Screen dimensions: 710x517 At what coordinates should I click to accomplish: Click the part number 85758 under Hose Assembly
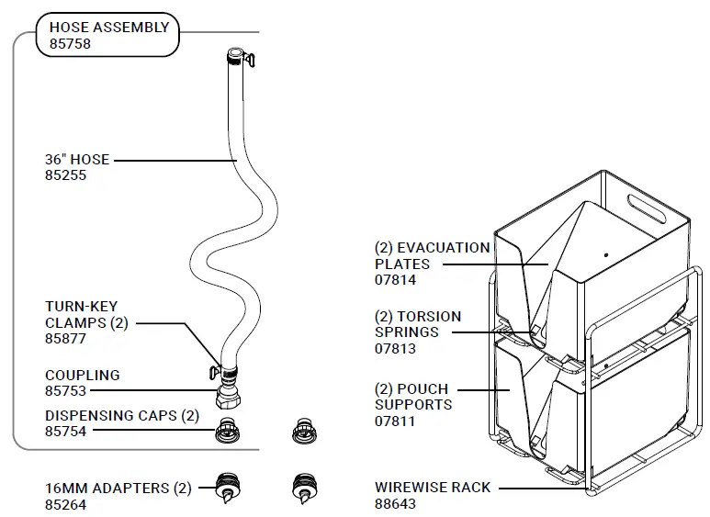tap(70, 44)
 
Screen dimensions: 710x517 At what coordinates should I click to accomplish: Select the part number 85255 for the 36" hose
tap(65, 175)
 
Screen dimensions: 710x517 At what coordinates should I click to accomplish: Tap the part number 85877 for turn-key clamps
tap(65, 339)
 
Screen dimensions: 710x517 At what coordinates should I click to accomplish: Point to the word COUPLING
tap(83, 375)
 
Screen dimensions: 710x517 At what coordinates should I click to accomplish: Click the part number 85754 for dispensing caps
tap(65, 432)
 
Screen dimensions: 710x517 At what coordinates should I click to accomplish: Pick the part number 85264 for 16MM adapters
tap(65, 505)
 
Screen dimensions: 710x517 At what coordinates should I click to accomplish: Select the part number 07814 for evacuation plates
tap(395, 280)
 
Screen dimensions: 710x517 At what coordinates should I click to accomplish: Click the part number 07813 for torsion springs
tap(395, 349)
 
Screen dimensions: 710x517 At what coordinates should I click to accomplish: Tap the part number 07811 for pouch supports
tap(395, 421)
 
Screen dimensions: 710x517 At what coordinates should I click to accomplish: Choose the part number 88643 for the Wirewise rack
tap(395, 503)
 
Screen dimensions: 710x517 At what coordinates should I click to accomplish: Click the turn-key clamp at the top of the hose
tap(249, 60)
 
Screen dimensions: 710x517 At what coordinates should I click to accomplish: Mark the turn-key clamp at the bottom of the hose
tap(215, 372)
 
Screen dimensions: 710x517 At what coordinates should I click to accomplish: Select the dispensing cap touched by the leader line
tap(227, 430)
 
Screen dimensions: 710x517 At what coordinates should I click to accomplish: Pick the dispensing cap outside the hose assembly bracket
tap(304, 431)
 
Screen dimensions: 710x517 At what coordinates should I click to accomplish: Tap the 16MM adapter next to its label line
tap(228, 489)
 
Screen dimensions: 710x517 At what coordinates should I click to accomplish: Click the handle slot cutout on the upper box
tap(646, 208)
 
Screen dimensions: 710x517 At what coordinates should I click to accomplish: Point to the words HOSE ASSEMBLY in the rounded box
tap(109, 28)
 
